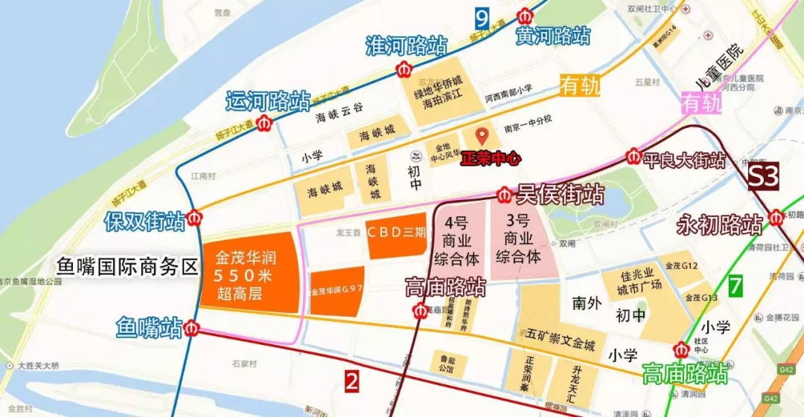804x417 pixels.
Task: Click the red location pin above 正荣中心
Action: pyautogui.click(x=482, y=136)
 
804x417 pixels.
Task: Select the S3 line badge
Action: pyautogui.click(x=763, y=176)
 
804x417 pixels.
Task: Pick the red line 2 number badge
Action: pyautogui.click(x=351, y=381)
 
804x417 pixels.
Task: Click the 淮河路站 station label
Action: pyautogui.click(x=406, y=45)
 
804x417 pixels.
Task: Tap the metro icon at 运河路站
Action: pyautogui.click(x=264, y=123)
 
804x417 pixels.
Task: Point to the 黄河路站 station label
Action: pyautogui.click(x=553, y=35)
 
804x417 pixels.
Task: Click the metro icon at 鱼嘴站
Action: pyautogui.click(x=192, y=327)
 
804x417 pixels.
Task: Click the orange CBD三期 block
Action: pyautogui.click(x=396, y=230)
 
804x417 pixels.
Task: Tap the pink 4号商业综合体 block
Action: pyautogui.click(x=456, y=239)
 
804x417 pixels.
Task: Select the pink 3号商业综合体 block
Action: pyautogui.click(x=519, y=239)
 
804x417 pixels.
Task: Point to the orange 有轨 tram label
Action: pyautogui.click(x=580, y=86)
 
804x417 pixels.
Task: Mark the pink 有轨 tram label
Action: pyautogui.click(x=702, y=103)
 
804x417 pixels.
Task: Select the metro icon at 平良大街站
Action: pyautogui.click(x=634, y=157)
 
